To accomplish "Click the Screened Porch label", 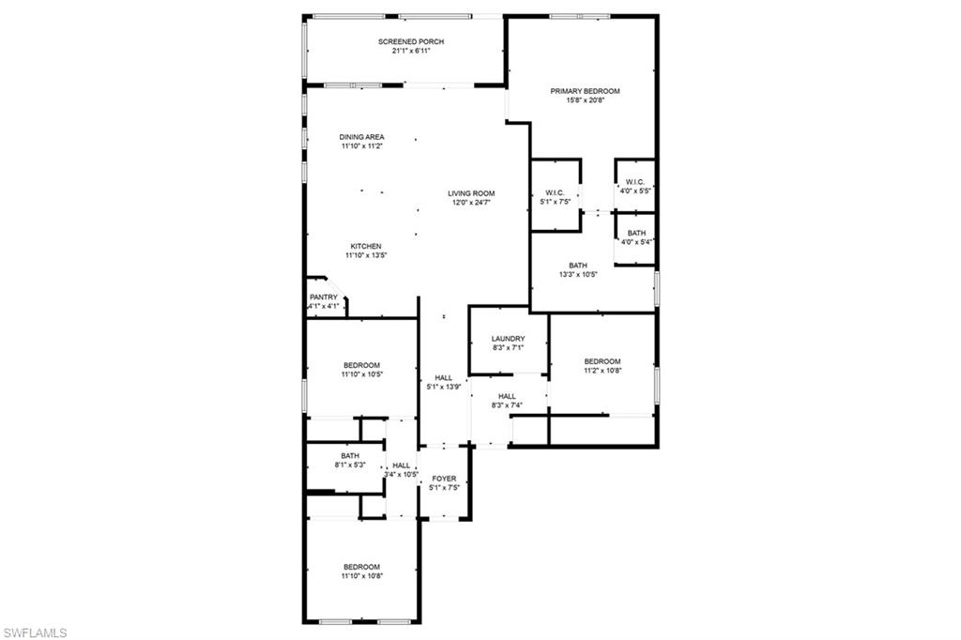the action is pyautogui.click(x=411, y=41).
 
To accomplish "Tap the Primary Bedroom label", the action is pyautogui.click(x=585, y=91).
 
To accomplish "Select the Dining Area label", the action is pyautogui.click(x=361, y=137).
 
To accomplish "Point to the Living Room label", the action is pyautogui.click(x=471, y=193).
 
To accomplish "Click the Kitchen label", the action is pyautogui.click(x=366, y=247).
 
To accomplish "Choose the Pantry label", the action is pyautogui.click(x=323, y=297).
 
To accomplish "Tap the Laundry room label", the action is pyautogui.click(x=508, y=339).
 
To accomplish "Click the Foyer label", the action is pyautogui.click(x=444, y=479).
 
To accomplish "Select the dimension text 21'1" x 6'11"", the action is pyautogui.click(x=411, y=51).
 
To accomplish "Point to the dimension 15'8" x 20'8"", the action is pyautogui.click(x=585, y=100).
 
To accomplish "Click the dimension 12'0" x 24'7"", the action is pyautogui.click(x=471, y=203).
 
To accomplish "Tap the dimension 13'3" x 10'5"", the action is pyautogui.click(x=578, y=275).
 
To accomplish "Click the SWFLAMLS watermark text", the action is pyautogui.click(x=35, y=632).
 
